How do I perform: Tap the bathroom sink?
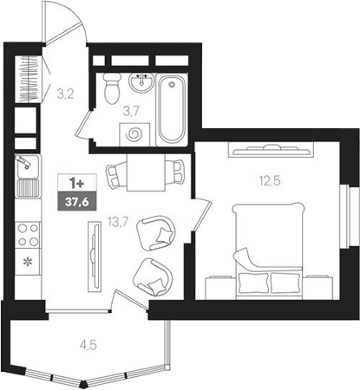pyautogui.click(x=141, y=82)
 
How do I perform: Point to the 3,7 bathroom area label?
pyautogui.click(x=130, y=110)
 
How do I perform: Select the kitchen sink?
pyautogui.click(x=27, y=174)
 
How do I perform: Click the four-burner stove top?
pyautogui.click(x=28, y=233)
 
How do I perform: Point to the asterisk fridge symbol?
pyautogui.click(x=28, y=261)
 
